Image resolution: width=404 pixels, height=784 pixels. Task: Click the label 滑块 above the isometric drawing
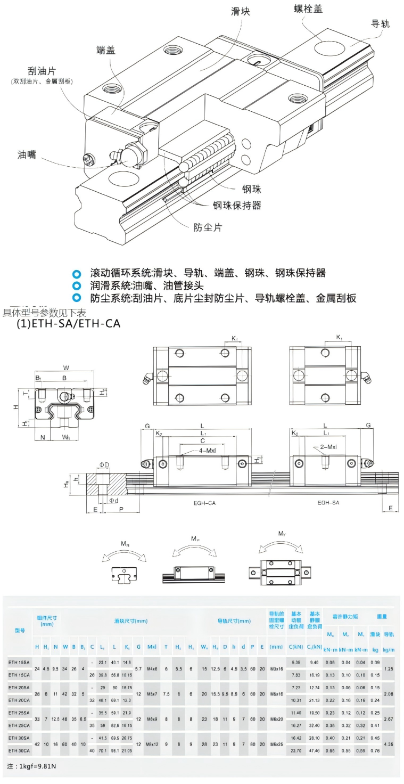pos(240,11)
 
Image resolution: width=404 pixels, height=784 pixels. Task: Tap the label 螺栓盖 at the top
pos(308,9)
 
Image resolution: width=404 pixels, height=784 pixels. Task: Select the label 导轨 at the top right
pos(380,23)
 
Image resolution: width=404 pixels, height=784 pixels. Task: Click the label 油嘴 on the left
pos(27,154)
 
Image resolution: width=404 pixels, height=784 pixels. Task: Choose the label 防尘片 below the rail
pos(208,227)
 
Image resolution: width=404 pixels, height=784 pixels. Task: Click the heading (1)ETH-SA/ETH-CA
pos(69,323)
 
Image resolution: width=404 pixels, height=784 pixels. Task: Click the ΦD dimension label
pos(104,465)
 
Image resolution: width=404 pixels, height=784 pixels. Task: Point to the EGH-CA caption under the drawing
pos(205,502)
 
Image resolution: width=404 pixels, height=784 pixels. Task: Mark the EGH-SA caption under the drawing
pos(329,502)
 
